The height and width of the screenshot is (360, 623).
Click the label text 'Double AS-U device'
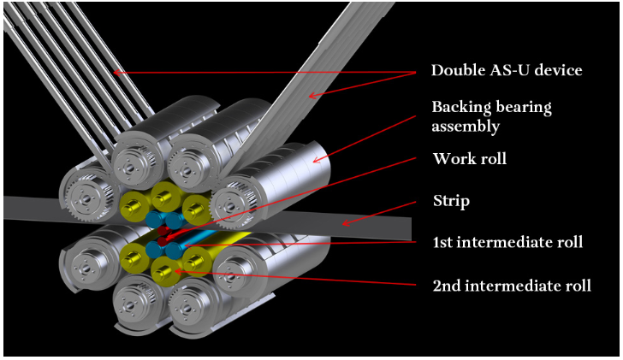pyautogui.click(x=507, y=70)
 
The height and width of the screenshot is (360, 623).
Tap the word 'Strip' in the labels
pyautogui.click(x=451, y=203)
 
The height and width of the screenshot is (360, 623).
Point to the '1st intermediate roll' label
pyautogui.click(x=507, y=242)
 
